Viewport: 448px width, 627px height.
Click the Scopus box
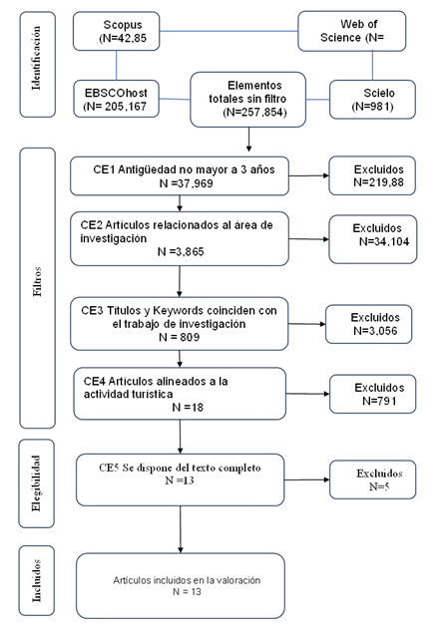tap(116, 31)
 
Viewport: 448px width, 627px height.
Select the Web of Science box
tap(352, 31)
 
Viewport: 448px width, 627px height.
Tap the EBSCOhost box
tap(116, 99)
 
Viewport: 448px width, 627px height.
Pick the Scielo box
tap(372, 100)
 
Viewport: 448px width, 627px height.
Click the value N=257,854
tap(255, 112)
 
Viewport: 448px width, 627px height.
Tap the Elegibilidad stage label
tap(37, 483)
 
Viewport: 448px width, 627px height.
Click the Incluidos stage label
tap(37, 580)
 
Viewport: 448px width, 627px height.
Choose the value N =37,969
tap(187, 183)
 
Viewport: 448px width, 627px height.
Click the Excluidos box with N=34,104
tap(373, 239)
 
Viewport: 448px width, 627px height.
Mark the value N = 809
tap(179, 337)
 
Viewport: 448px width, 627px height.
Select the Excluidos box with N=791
tap(373, 394)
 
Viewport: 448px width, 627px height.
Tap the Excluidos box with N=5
tap(373, 479)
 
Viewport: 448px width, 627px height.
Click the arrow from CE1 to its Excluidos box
tap(308, 175)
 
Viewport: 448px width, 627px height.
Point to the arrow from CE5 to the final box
tap(181, 529)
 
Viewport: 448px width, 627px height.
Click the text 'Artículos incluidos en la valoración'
tap(187, 580)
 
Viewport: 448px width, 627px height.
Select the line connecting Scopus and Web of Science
tap(228, 31)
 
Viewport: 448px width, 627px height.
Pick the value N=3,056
tap(375, 331)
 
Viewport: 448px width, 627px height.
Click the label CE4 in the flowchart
tap(95, 381)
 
